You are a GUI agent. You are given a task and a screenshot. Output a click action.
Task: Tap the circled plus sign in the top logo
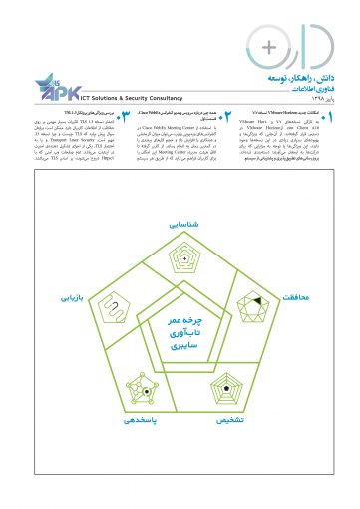[269, 47]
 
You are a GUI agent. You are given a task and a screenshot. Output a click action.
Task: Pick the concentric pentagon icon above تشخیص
[226, 386]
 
